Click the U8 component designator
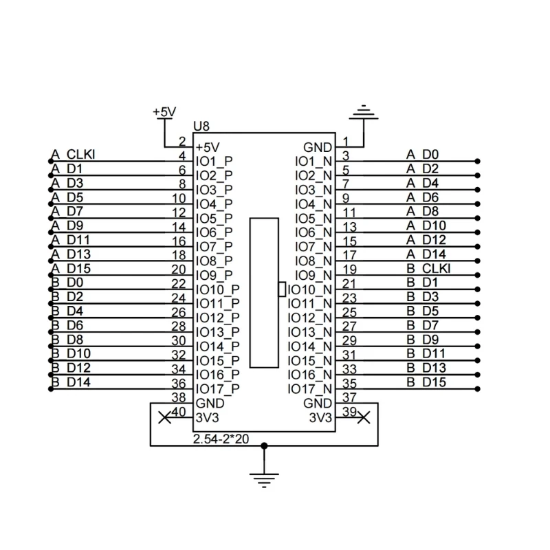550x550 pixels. tap(201, 126)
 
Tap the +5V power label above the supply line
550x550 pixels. tap(164, 112)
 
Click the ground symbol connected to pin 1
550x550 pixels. tap(364, 112)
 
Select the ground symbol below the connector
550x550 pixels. tap(264, 481)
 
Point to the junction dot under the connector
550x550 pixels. tap(264, 445)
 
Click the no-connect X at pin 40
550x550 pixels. tap(165, 418)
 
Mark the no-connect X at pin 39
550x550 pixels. tap(364, 418)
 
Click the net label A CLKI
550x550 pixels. tap(73, 155)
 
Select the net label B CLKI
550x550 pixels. tap(428, 269)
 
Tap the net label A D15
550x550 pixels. tap(71, 269)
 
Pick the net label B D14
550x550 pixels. tap(71, 382)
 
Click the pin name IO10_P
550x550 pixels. tap(218, 289)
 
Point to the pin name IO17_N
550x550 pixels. tap(310, 389)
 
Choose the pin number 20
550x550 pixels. tap(179, 269)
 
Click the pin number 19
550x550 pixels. tap(350, 269)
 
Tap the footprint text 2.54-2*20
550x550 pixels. tap(221, 439)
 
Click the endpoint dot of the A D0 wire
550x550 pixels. tap(477, 162)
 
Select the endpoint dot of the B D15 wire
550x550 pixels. tap(477, 389)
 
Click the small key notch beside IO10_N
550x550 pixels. tap(282, 289)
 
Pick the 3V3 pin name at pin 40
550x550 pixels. tap(208, 418)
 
